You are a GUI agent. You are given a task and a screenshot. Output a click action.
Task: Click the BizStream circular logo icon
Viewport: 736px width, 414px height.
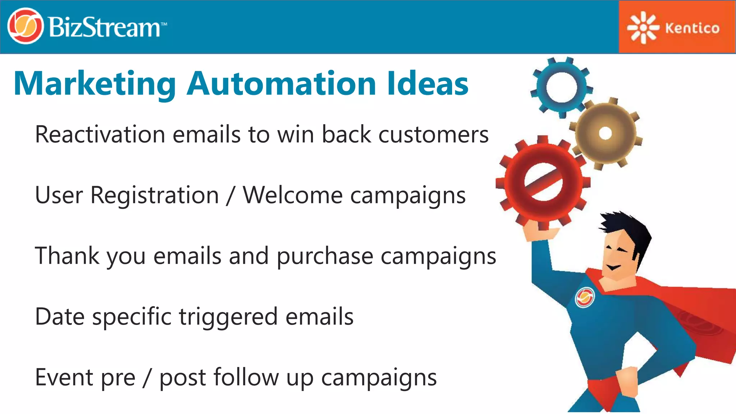coord(25,26)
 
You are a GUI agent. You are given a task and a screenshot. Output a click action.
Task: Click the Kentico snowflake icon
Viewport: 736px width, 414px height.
coord(643,28)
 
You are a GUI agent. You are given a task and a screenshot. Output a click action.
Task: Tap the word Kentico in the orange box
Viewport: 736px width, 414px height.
coord(692,28)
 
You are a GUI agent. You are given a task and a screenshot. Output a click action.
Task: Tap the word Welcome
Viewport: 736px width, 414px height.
coord(293,195)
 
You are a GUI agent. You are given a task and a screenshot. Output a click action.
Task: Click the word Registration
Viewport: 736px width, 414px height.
coord(155,196)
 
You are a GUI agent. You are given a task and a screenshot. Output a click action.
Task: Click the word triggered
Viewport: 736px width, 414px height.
coord(228,317)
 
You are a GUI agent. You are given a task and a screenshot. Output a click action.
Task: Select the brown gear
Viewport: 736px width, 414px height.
coord(606,133)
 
